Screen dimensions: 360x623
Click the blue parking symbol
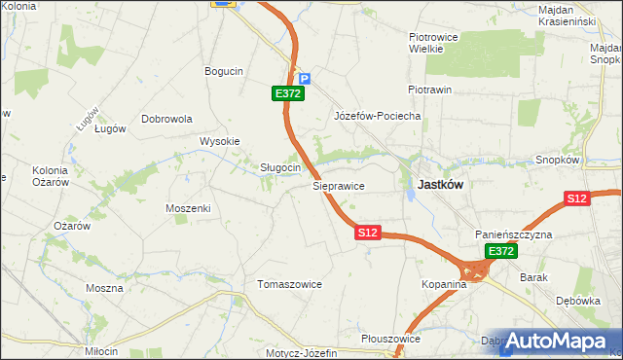click(304, 79)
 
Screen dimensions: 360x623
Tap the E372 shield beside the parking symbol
click(289, 93)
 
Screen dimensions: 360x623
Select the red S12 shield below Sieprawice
click(367, 234)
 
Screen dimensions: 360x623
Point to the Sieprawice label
click(338, 184)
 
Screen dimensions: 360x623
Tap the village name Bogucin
click(223, 71)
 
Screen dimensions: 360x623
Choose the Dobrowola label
click(167, 119)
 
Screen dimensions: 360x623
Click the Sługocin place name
click(279, 167)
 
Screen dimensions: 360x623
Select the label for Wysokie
click(220, 141)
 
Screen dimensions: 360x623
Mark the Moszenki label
click(188, 208)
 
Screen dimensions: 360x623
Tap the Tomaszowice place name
click(289, 284)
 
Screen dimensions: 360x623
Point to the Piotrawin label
click(430, 90)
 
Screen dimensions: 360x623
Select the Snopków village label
click(558, 160)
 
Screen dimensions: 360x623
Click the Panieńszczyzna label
click(514, 235)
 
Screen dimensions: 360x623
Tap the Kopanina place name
click(445, 284)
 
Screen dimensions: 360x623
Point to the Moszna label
click(104, 288)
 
